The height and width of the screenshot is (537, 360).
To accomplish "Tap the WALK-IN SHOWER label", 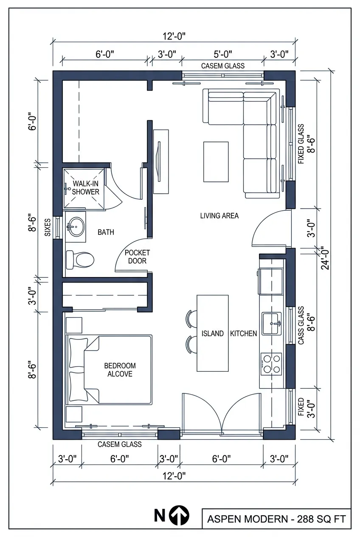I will (x=86, y=187).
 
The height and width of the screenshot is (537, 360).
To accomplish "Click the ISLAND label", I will (x=213, y=334).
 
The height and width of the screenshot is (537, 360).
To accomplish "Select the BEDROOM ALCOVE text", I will (x=120, y=370).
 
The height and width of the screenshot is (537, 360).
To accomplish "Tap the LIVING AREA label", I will (x=219, y=216).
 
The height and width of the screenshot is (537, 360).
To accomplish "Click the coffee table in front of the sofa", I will (x=216, y=162).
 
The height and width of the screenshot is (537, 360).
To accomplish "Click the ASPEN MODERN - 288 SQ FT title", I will (x=276, y=519).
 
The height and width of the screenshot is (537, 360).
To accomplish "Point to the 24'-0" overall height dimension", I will (x=325, y=258).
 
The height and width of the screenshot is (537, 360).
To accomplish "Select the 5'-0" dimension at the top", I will (x=222, y=54).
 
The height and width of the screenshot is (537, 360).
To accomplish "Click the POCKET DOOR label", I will (x=137, y=257).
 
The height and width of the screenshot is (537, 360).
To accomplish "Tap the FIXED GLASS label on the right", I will (x=301, y=144).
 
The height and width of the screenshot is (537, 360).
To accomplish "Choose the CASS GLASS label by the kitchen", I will (x=301, y=325).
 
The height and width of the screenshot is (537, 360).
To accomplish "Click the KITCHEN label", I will (x=243, y=334).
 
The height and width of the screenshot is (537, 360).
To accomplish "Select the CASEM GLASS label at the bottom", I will (x=119, y=444).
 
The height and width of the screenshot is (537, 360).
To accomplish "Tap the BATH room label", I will (x=106, y=232).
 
